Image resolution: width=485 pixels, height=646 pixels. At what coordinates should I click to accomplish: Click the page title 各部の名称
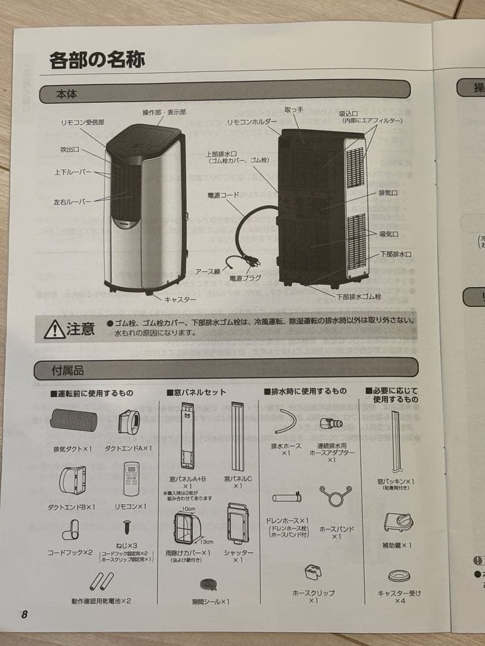pyautogui.click(x=97, y=60)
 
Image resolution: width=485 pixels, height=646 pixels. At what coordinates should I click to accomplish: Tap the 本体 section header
pyautogui.click(x=66, y=95)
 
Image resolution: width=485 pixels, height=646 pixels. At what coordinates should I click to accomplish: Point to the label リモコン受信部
pyautogui.click(x=82, y=121)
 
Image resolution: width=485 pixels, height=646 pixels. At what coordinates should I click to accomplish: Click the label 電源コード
pyautogui.click(x=223, y=195)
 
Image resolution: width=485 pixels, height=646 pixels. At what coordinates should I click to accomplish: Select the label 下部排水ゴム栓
pyautogui.click(x=359, y=296)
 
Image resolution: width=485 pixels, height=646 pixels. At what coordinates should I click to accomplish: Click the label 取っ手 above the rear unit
pyautogui.click(x=294, y=110)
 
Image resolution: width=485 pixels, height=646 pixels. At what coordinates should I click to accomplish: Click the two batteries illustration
pyautogui.click(x=101, y=581)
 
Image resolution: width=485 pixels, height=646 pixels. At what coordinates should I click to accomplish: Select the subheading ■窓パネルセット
pyautogui.click(x=196, y=392)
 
